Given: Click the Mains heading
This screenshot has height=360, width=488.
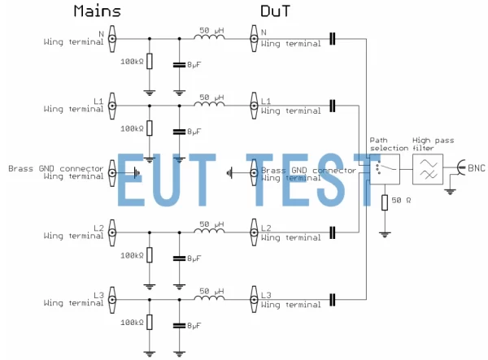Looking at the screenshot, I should [97, 11].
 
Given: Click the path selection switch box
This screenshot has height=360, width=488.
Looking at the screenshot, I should [384, 170].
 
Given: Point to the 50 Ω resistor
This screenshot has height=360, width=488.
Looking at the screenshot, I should [383, 200].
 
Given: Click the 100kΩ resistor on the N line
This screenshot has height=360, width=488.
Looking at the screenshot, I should [149, 62].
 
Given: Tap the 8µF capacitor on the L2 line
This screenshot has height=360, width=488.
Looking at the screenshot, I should [179, 258].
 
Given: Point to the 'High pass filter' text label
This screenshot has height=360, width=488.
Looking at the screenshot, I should [432, 143].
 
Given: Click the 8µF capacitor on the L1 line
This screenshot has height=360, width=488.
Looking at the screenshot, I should [179, 130].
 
